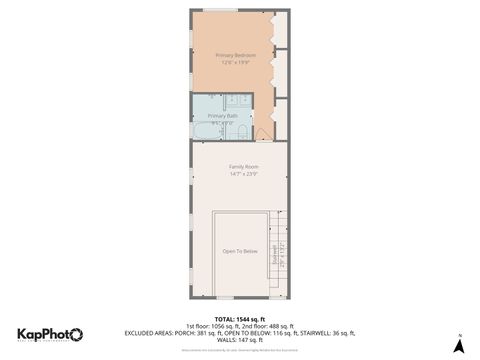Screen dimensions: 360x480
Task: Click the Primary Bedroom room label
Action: [x=236, y=54]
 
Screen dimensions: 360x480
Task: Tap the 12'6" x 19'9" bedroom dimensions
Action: [x=236, y=62]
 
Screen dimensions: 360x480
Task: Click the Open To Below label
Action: [x=240, y=251]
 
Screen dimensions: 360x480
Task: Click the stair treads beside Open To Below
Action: [x=279, y=250]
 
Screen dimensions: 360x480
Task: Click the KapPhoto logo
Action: [x=50, y=335]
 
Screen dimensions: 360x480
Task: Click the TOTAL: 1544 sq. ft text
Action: [x=240, y=318]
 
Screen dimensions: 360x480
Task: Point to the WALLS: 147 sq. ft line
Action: [x=240, y=341]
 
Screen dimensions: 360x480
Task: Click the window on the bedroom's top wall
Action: [x=221, y=10]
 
